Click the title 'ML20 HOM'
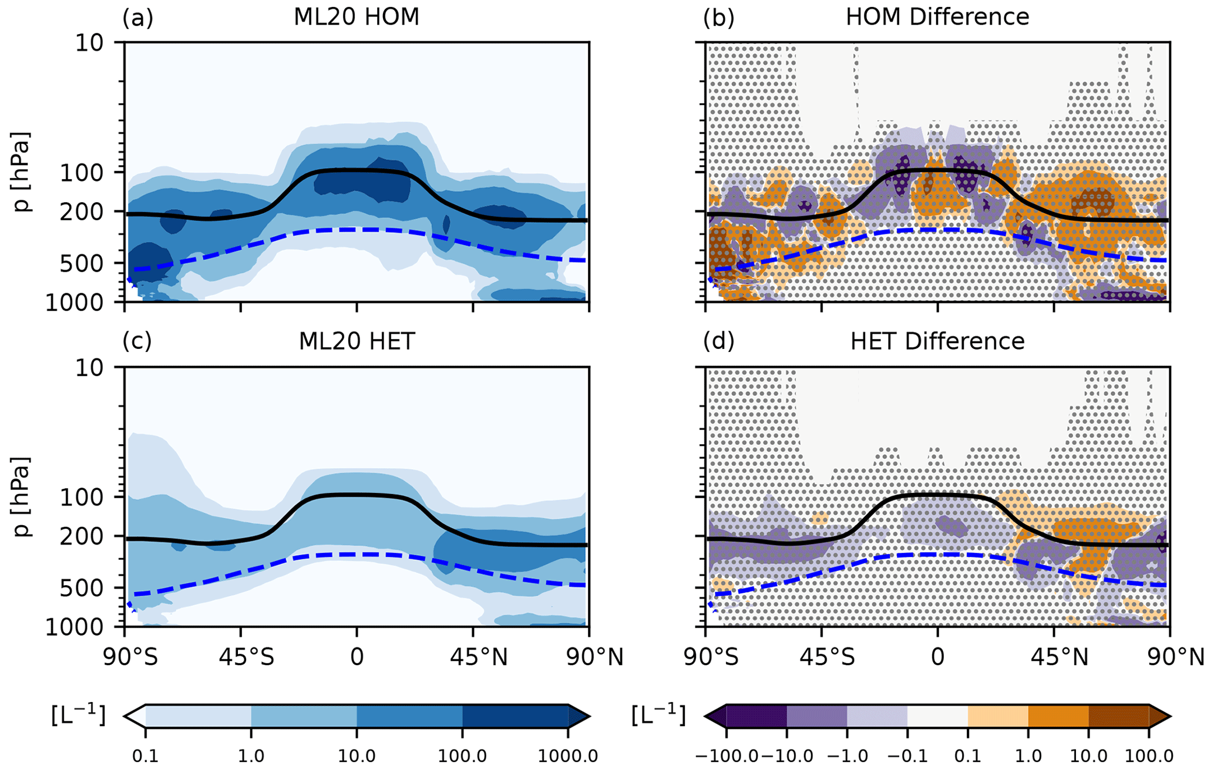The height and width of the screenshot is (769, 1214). tap(357, 17)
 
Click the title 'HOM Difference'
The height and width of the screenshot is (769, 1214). tap(937, 17)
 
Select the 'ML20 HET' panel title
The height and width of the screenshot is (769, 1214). tap(357, 341)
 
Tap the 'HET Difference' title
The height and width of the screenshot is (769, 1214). tap(937, 341)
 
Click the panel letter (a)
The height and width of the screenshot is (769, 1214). tap(137, 18)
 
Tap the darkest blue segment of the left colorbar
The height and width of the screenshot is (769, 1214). tap(515, 717)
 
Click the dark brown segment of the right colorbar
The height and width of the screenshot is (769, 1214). tap(1119, 717)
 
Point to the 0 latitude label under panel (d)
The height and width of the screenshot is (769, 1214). tap(937, 657)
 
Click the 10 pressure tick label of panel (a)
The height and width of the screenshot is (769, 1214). tap(89, 43)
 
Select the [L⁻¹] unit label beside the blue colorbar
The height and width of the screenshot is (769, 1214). tap(78, 716)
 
